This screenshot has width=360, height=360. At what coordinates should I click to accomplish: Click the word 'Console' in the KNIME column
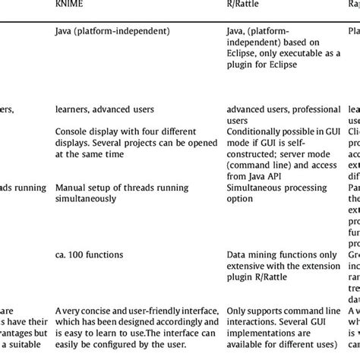coord(73,131)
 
